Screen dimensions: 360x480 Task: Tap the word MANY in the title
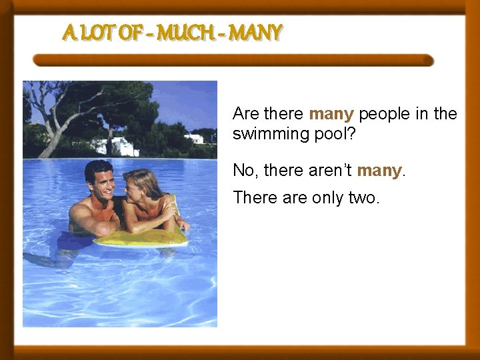256,31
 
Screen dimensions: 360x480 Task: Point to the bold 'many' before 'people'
331,114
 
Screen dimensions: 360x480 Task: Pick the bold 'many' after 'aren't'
379,171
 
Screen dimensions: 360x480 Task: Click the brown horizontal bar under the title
233,61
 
